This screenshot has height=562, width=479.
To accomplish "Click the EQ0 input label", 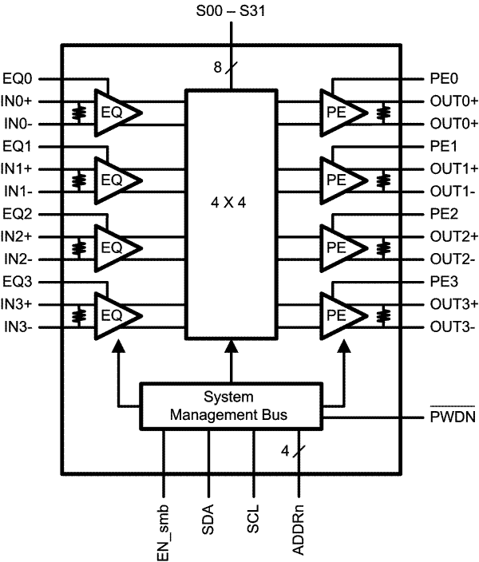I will click(x=18, y=79).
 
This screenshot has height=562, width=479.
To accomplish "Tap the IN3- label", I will click(x=18, y=327).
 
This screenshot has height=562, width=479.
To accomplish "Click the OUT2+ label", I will click(x=453, y=237).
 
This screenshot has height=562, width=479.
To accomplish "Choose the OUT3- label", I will click(x=453, y=327).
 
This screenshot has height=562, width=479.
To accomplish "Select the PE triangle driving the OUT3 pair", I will click(x=340, y=315).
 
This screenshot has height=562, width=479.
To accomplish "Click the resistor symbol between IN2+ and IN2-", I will click(x=78, y=248).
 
